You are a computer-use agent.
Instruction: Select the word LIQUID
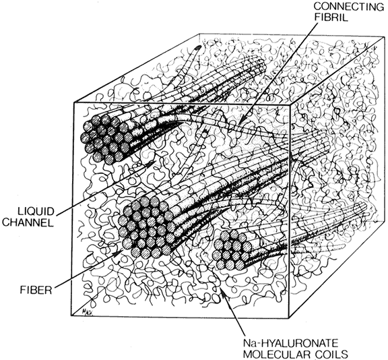click(x=36, y=212)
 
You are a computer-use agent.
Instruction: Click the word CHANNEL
click(x=28, y=222)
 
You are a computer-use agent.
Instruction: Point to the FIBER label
click(x=36, y=290)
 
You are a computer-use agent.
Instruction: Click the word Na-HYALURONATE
click(x=290, y=343)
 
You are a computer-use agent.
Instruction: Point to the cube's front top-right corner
click(x=290, y=104)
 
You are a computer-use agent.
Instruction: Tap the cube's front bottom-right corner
click(x=289, y=318)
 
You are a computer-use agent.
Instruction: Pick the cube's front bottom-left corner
click(x=71, y=316)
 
